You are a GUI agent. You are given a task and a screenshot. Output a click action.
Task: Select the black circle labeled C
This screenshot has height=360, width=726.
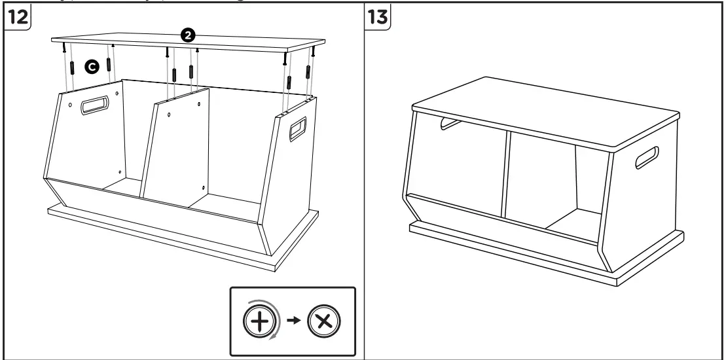pos(92,66)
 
